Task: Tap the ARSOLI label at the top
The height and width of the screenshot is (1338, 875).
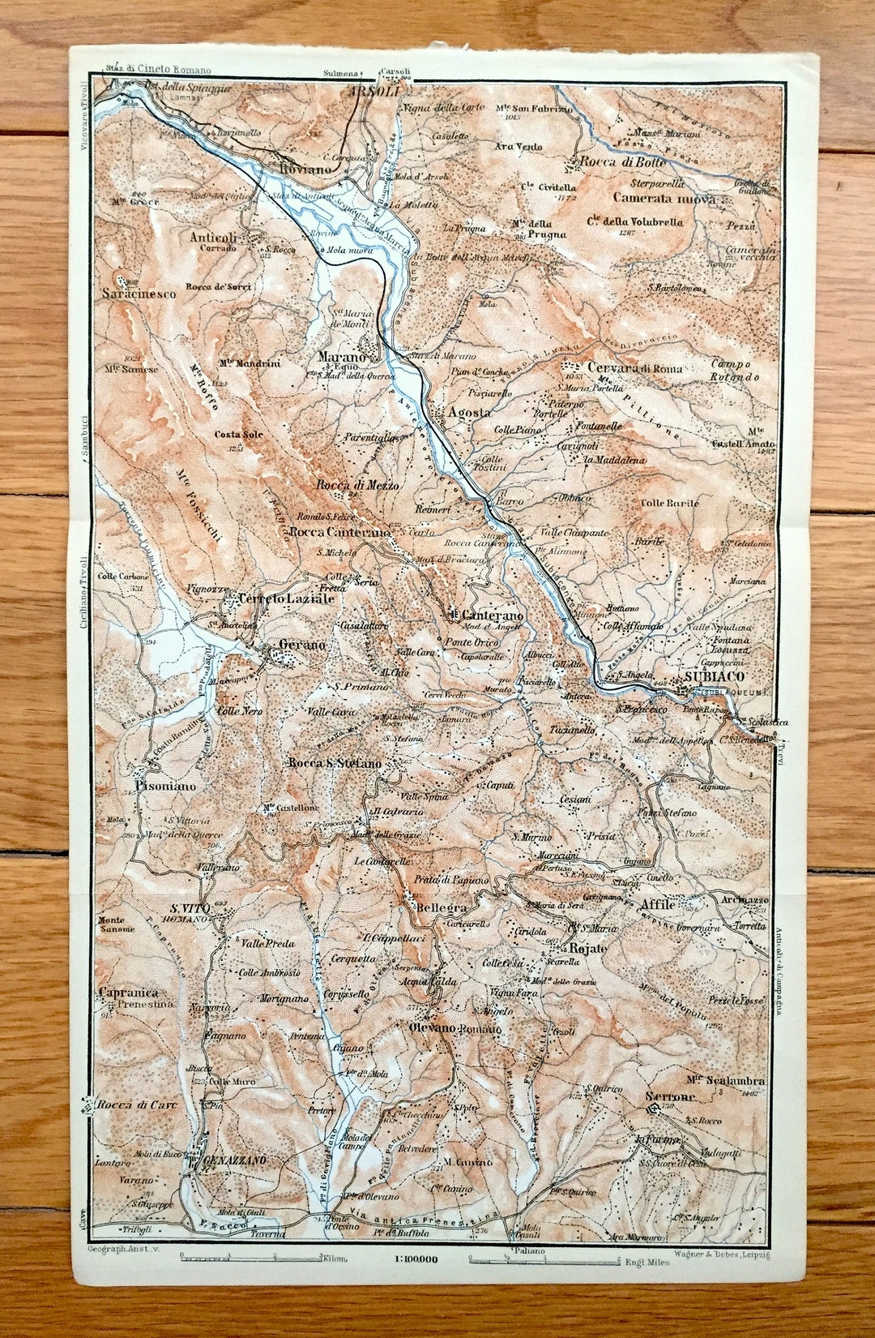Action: tap(374, 92)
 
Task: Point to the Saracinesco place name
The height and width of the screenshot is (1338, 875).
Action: tap(139, 294)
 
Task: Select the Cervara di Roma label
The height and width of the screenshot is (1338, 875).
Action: tap(635, 368)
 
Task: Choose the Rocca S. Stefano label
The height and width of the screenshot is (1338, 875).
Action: tap(334, 763)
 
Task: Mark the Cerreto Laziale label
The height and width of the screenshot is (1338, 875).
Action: tap(275, 598)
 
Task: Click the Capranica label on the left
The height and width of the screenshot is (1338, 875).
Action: tap(128, 993)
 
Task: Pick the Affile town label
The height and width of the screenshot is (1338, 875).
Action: tap(657, 904)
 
